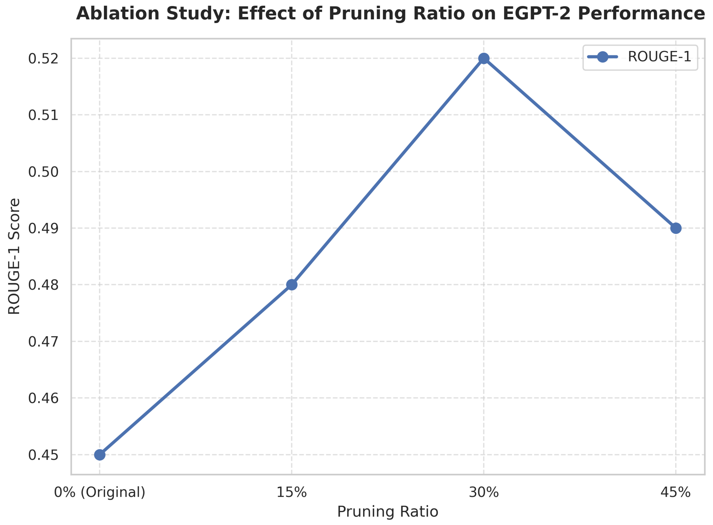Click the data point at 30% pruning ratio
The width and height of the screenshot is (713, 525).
pyautogui.click(x=483, y=58)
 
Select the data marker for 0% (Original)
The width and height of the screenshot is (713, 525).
pyautogui.click(x=99, y=455)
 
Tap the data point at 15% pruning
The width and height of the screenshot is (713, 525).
pyautogui.click(x=291, y=285)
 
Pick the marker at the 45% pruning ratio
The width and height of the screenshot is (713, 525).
pyautogui.click(x=675, y=228)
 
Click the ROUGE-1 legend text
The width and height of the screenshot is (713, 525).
pyautogui.click(x=659, y=57)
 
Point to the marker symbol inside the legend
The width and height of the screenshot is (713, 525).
pyautogui.click(x=602, y=57)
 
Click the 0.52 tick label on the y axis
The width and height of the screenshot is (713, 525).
pyautogui.click(x=43, y=59)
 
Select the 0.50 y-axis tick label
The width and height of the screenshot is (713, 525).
pyautogui.click(x=43, y=172)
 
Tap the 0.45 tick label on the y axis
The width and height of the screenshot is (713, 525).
pyautogui.click(x=43, y=455)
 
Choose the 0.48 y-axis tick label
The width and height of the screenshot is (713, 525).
pyautogui.click(x=43, y=285)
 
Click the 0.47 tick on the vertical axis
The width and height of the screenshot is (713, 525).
pyautogui.click(x=43, y=342)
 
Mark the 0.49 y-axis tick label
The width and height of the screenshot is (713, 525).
pyautogui.click(x=43, y=229)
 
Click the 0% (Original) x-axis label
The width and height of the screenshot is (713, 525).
pyautogui.click(x=99, y=492)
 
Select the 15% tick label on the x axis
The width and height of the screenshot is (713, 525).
pyautogui.click(x=291, y=492)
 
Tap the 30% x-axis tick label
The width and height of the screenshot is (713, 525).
pyautogui.click(x=483, y=492)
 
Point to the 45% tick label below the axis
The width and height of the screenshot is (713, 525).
pyautogui.click(x=675, y=492)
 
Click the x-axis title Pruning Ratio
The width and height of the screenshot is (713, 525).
pyautogui.click(x=388, y=512)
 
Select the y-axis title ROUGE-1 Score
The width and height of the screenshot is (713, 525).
pyautogui.click(x=14, y=256)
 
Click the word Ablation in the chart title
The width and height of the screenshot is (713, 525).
pyautogui.click(x=118, y=14)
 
